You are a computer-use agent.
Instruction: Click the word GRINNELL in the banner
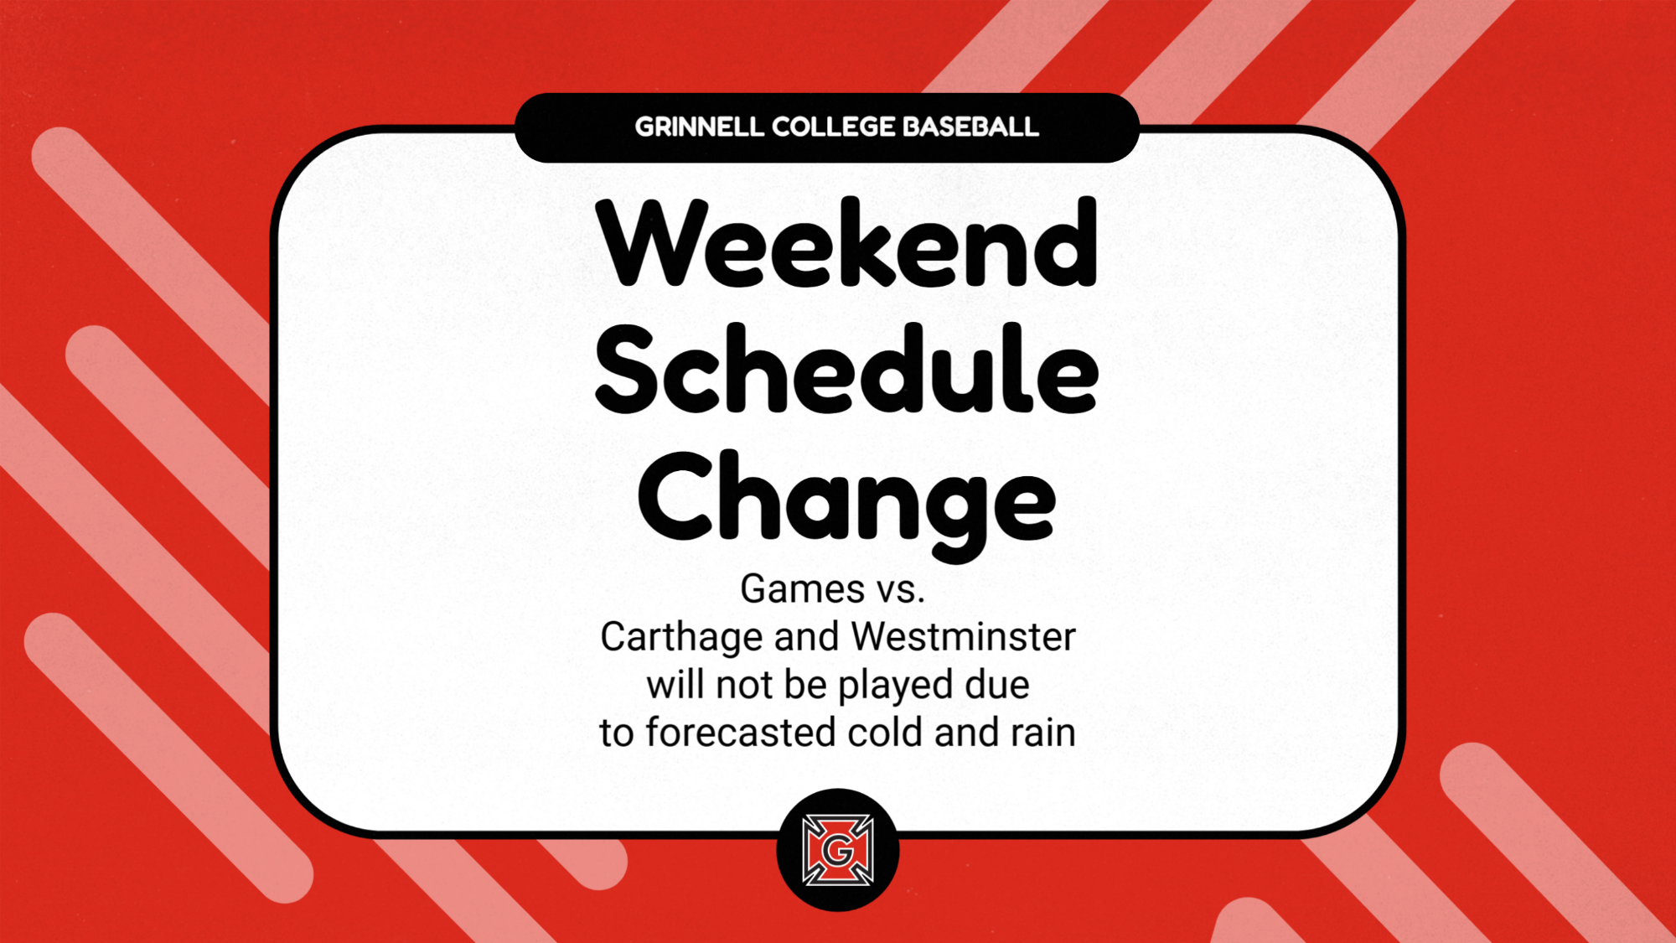pyautogui.click(x=699, y=127)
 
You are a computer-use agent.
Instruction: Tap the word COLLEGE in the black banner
pyautogui.click(x=833, y=127)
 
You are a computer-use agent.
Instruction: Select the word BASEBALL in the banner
pyautogui.click(x=970, y=127)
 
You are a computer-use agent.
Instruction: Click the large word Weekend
pyautogui.click(x=846, y=242)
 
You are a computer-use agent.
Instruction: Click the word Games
pyautogui.click(x=802, y=588)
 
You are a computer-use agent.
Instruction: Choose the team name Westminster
pyautogui.click(x=963, y=637)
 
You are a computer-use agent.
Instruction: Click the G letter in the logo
pyautogui.click(x=837, y=852)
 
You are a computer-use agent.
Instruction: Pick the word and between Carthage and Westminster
pyautogui.click(x=806, y=637)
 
